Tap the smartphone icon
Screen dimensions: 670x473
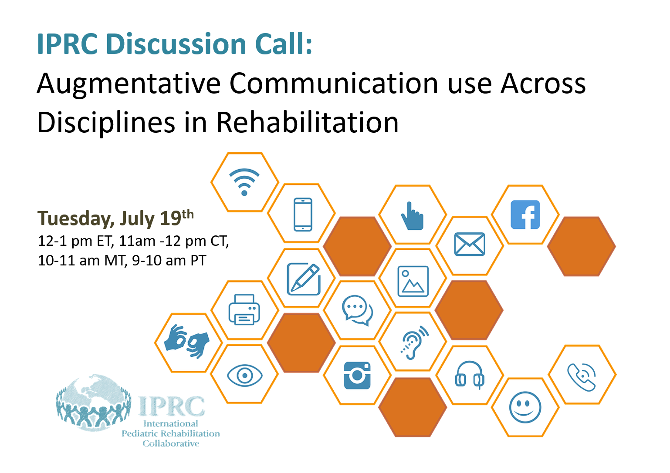point(303,214)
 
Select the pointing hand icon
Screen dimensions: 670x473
point(412,216)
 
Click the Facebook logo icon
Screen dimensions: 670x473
point(525,215)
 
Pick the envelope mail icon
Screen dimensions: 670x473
point(469,244)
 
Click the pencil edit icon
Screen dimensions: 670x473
point(304,279)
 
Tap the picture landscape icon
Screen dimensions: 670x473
point(413,281)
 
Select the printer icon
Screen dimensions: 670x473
point(244,309)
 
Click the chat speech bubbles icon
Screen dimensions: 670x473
point(357,310)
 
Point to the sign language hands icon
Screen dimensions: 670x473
point(187,342)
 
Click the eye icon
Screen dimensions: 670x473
point(245,375)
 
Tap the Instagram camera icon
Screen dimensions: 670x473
point(357,375)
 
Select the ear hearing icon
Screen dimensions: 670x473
point(414,342)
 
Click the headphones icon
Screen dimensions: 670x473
point(469,375)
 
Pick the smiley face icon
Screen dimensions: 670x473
point(525,407)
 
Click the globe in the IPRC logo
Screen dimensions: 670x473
point(94,402)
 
